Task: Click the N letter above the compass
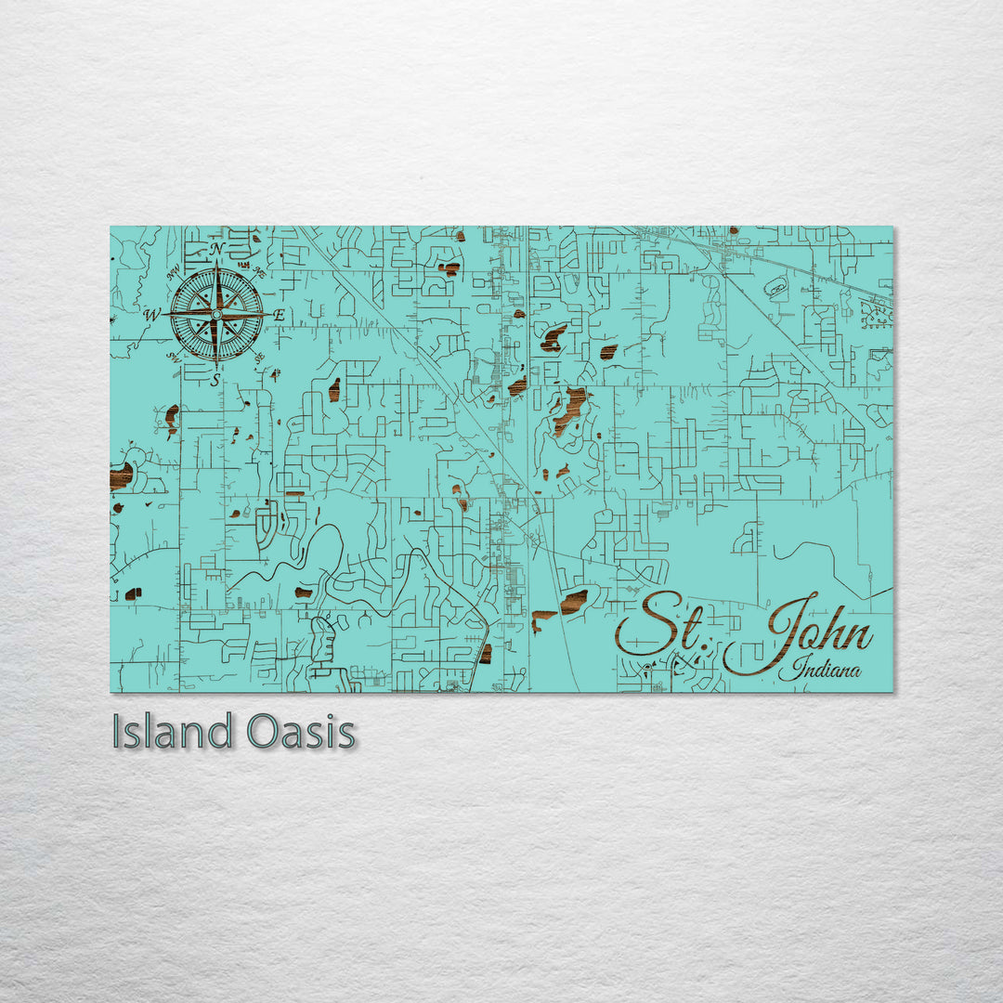(x=216, y=249)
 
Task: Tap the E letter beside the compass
(x=279, y=316)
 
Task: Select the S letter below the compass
(x=215, y=380)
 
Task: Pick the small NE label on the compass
(x=259, y=273)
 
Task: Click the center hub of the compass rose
(x=215, y=315)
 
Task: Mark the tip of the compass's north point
(x=216, y=263)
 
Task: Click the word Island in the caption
(x=172, y=732)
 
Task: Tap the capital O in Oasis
(x=264, y=733)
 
